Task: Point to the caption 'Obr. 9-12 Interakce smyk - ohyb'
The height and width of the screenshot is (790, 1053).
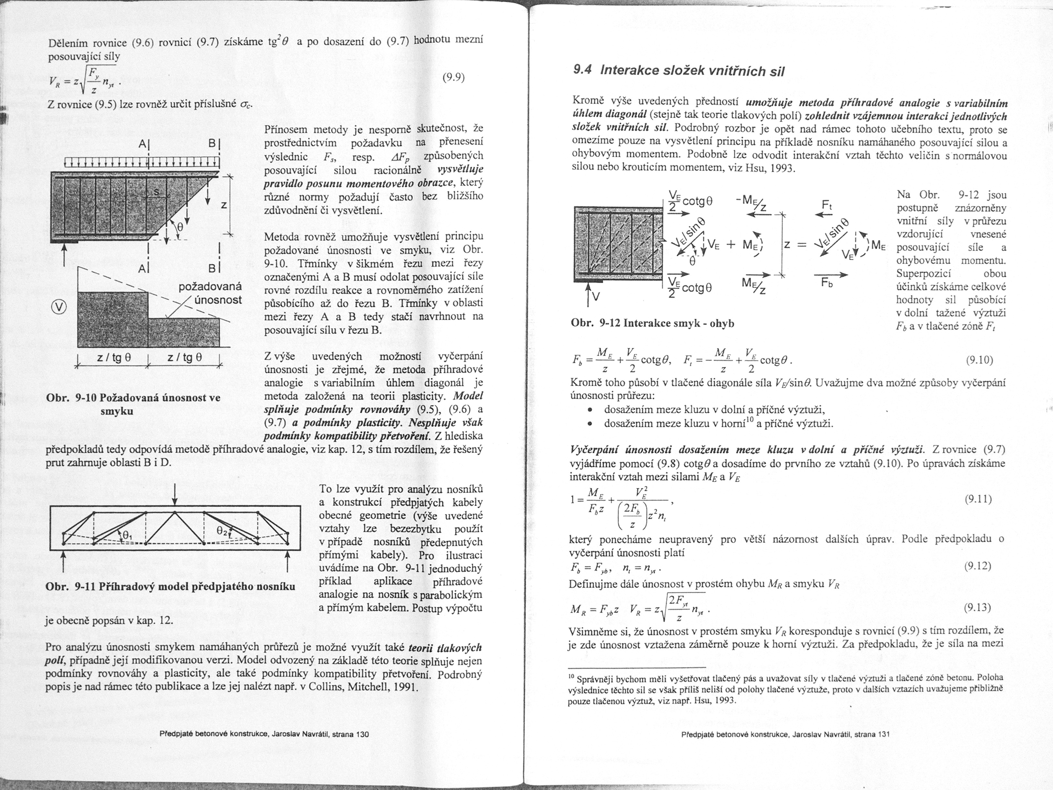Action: point(652,323)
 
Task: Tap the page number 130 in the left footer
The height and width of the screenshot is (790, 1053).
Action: point(363,734)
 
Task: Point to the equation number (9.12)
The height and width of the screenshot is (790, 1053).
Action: point(978,566)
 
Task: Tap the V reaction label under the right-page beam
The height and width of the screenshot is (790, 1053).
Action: point(594,298)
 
